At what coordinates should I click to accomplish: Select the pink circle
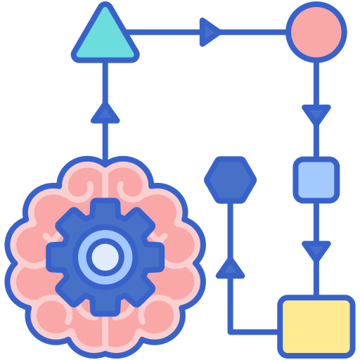coord(316,32)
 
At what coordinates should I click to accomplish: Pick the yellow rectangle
coord(316,325)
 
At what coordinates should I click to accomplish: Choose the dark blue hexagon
coord(230,179)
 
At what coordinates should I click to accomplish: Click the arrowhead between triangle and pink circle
coord(209,32)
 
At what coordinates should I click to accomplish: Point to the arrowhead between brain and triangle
coord(105,112)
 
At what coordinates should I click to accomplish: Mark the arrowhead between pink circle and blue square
coord(316,113)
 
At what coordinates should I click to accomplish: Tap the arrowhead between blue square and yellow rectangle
coord(316,250)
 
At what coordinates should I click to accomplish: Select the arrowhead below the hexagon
coord(230,267)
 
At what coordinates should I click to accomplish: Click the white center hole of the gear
coord(105,257)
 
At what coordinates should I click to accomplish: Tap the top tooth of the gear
coord(105,209)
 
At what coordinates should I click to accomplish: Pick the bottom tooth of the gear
coord(105,304)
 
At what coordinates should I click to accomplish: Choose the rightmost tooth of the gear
coord(153,257)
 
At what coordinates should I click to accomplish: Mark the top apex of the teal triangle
coord(105,8)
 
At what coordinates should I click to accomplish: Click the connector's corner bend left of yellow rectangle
coord(231,328)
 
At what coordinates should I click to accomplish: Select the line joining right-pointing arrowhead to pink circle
coord(253,32)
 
